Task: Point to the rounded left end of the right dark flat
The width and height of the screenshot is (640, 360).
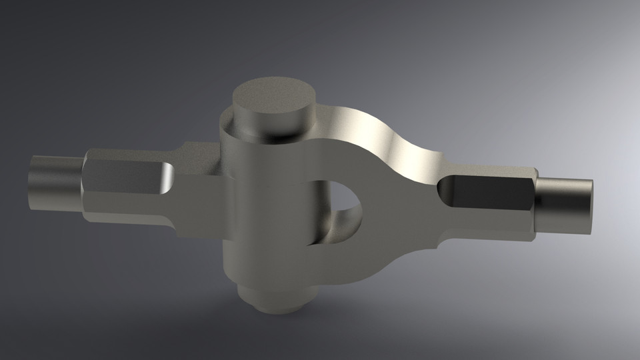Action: [x=444, y=189]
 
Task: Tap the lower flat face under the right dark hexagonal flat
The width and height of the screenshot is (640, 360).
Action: [x=487, y=223]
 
